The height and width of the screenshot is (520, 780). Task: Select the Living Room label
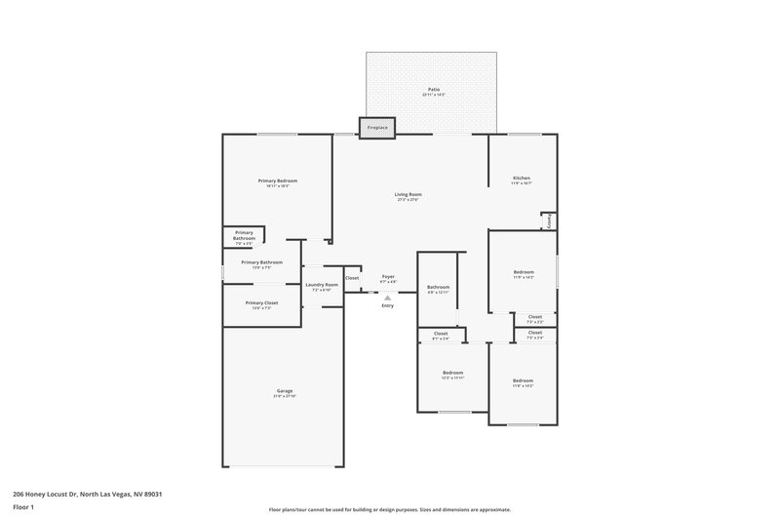(408, 194)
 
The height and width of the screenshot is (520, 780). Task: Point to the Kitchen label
(522, 178)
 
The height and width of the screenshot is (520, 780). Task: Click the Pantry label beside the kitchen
(549, 221)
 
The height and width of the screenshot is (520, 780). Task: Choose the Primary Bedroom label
(278, 180)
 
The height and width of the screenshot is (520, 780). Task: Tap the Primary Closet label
(261, 302)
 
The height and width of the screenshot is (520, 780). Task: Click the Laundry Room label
(322, 285)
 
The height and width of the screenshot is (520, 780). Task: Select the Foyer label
(387, 277)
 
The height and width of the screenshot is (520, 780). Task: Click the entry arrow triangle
(387, 298)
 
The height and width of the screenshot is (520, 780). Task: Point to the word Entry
(387, 306)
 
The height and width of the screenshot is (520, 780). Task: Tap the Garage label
(284, 391)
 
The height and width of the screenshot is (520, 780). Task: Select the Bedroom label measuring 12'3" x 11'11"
(452, 373)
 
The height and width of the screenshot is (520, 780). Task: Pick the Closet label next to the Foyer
(352, 278)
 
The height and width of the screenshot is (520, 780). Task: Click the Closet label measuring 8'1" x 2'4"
(441, 334)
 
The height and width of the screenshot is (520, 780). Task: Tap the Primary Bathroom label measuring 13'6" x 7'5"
(262, 261)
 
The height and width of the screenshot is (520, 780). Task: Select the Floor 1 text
(23, 508)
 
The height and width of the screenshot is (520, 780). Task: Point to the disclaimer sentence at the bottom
(389, 509)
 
